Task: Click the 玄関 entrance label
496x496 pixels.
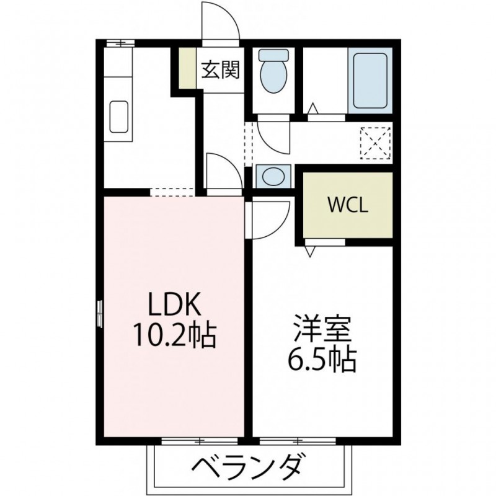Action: (x=221, y=69)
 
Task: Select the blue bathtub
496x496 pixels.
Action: (x=370, y=81)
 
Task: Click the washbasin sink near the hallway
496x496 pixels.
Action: (x=273, y=175)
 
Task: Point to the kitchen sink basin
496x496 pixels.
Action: (x=119, y=117)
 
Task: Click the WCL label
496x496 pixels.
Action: (x=348, y=205)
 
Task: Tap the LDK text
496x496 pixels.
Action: (x=175, y=304)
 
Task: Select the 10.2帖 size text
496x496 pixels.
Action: (x=175, y=335)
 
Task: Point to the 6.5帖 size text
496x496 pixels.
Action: (x=322, y=360)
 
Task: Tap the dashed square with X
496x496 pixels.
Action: (x=375, y=143)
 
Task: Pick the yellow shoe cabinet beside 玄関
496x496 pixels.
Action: (x=187, y=68)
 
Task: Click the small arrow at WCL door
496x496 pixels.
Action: (x=311, y=251)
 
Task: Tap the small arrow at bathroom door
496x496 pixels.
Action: (x=312, y=108)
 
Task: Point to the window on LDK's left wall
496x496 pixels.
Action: (x=100, y=314)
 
